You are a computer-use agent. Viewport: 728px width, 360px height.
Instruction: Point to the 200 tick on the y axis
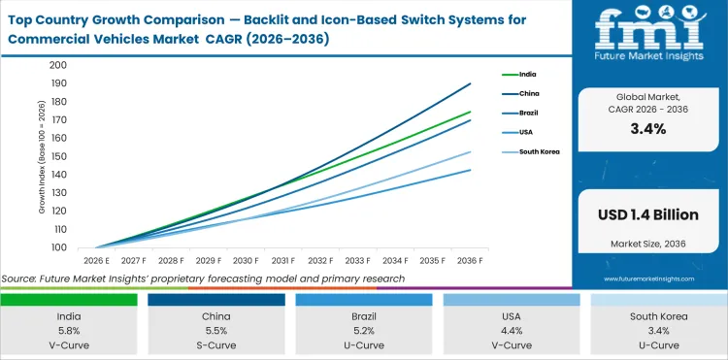point(57,65)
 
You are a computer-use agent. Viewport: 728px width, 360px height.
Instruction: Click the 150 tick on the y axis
point(57,156)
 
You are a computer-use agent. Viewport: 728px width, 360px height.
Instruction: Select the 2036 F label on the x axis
point(469,260)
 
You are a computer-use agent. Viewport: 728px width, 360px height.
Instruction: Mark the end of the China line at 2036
point(471,83)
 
